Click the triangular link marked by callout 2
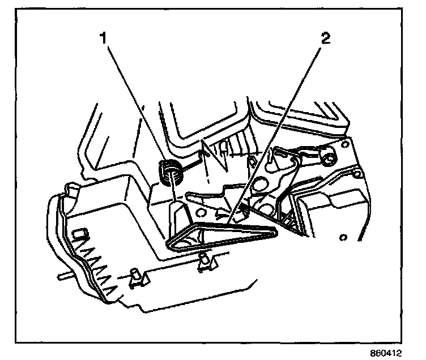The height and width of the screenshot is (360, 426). (221, 235)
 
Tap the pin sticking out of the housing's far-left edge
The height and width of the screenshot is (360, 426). (63, 277)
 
